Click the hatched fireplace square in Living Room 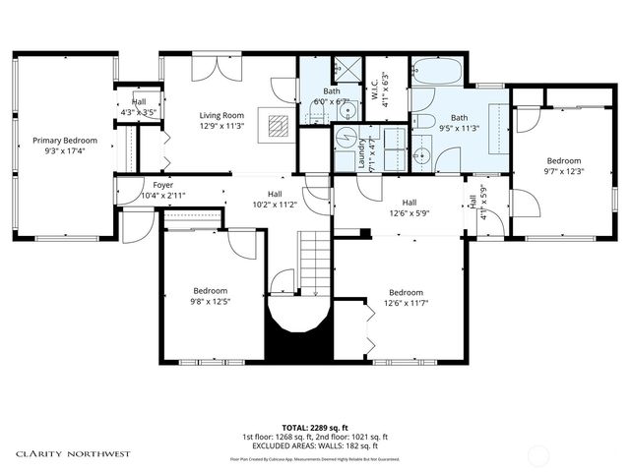click(x=280, y=124)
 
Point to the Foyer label click(x=162, y=185)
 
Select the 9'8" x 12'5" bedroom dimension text click(x=211, y=302)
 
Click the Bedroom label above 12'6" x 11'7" click(x=405, y=292)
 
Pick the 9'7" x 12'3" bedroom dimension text click(x=564, y=172)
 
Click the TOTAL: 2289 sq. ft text click(x=315, y=426)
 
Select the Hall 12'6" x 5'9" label click(x=398, y=206)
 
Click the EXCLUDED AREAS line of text click(x=315, y=445)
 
